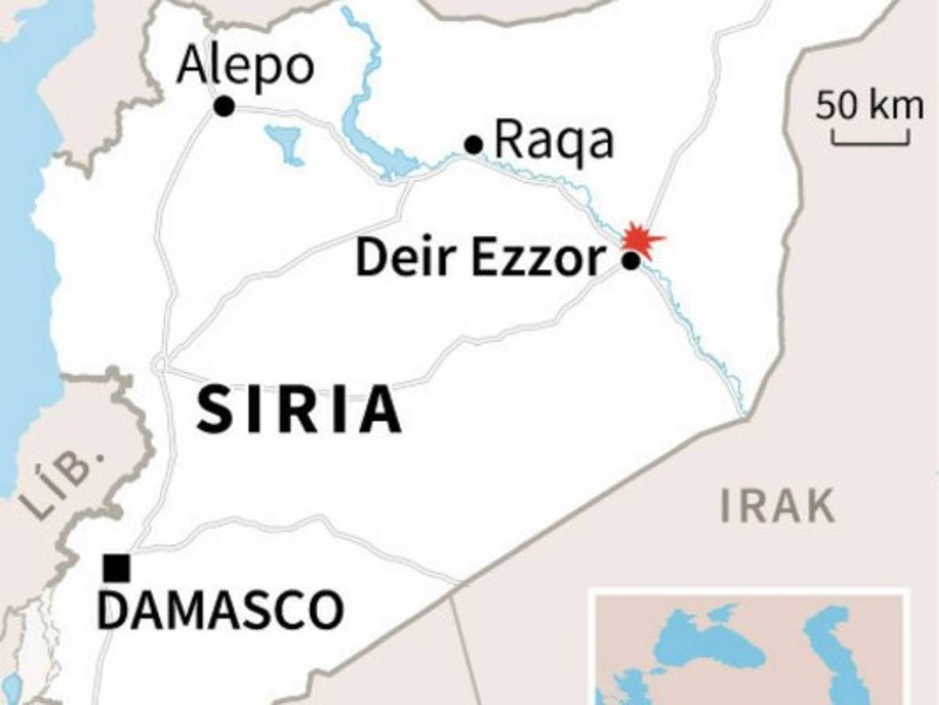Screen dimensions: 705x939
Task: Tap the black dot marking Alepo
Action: pyautogui.click(x=224, y=106)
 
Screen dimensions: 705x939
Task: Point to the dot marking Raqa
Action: pyautogui.click(x=473, y=145)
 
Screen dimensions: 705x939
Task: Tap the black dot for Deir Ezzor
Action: pyautogui.click(x=630, y=261)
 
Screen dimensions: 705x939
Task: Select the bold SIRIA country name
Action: pyautogui.click(x=299, y=410)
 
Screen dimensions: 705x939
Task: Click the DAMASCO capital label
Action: pyautogui.click(x=220, y=610)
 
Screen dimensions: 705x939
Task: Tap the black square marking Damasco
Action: pyautogui.click(x=117, y=568)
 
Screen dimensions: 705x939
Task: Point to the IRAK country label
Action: pyautogui.click(x=777, y=507)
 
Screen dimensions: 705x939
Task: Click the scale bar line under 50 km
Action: pyautogui.click(x=870, y=143)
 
